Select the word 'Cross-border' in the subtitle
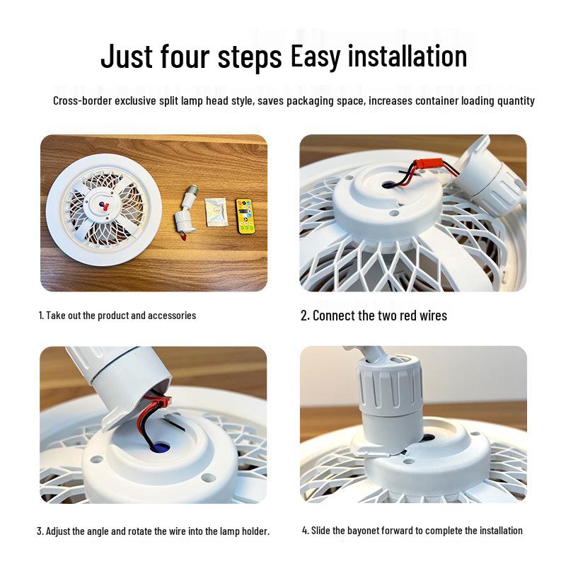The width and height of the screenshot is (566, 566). click(x=82, y=101)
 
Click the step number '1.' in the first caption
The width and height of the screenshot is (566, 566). click(x=41, y=316)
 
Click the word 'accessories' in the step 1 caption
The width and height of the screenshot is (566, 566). click(x=171, y=316)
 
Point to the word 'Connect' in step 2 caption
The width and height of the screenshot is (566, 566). click(x=335, y=316)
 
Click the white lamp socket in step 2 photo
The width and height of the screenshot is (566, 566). click(x=488, y=177)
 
